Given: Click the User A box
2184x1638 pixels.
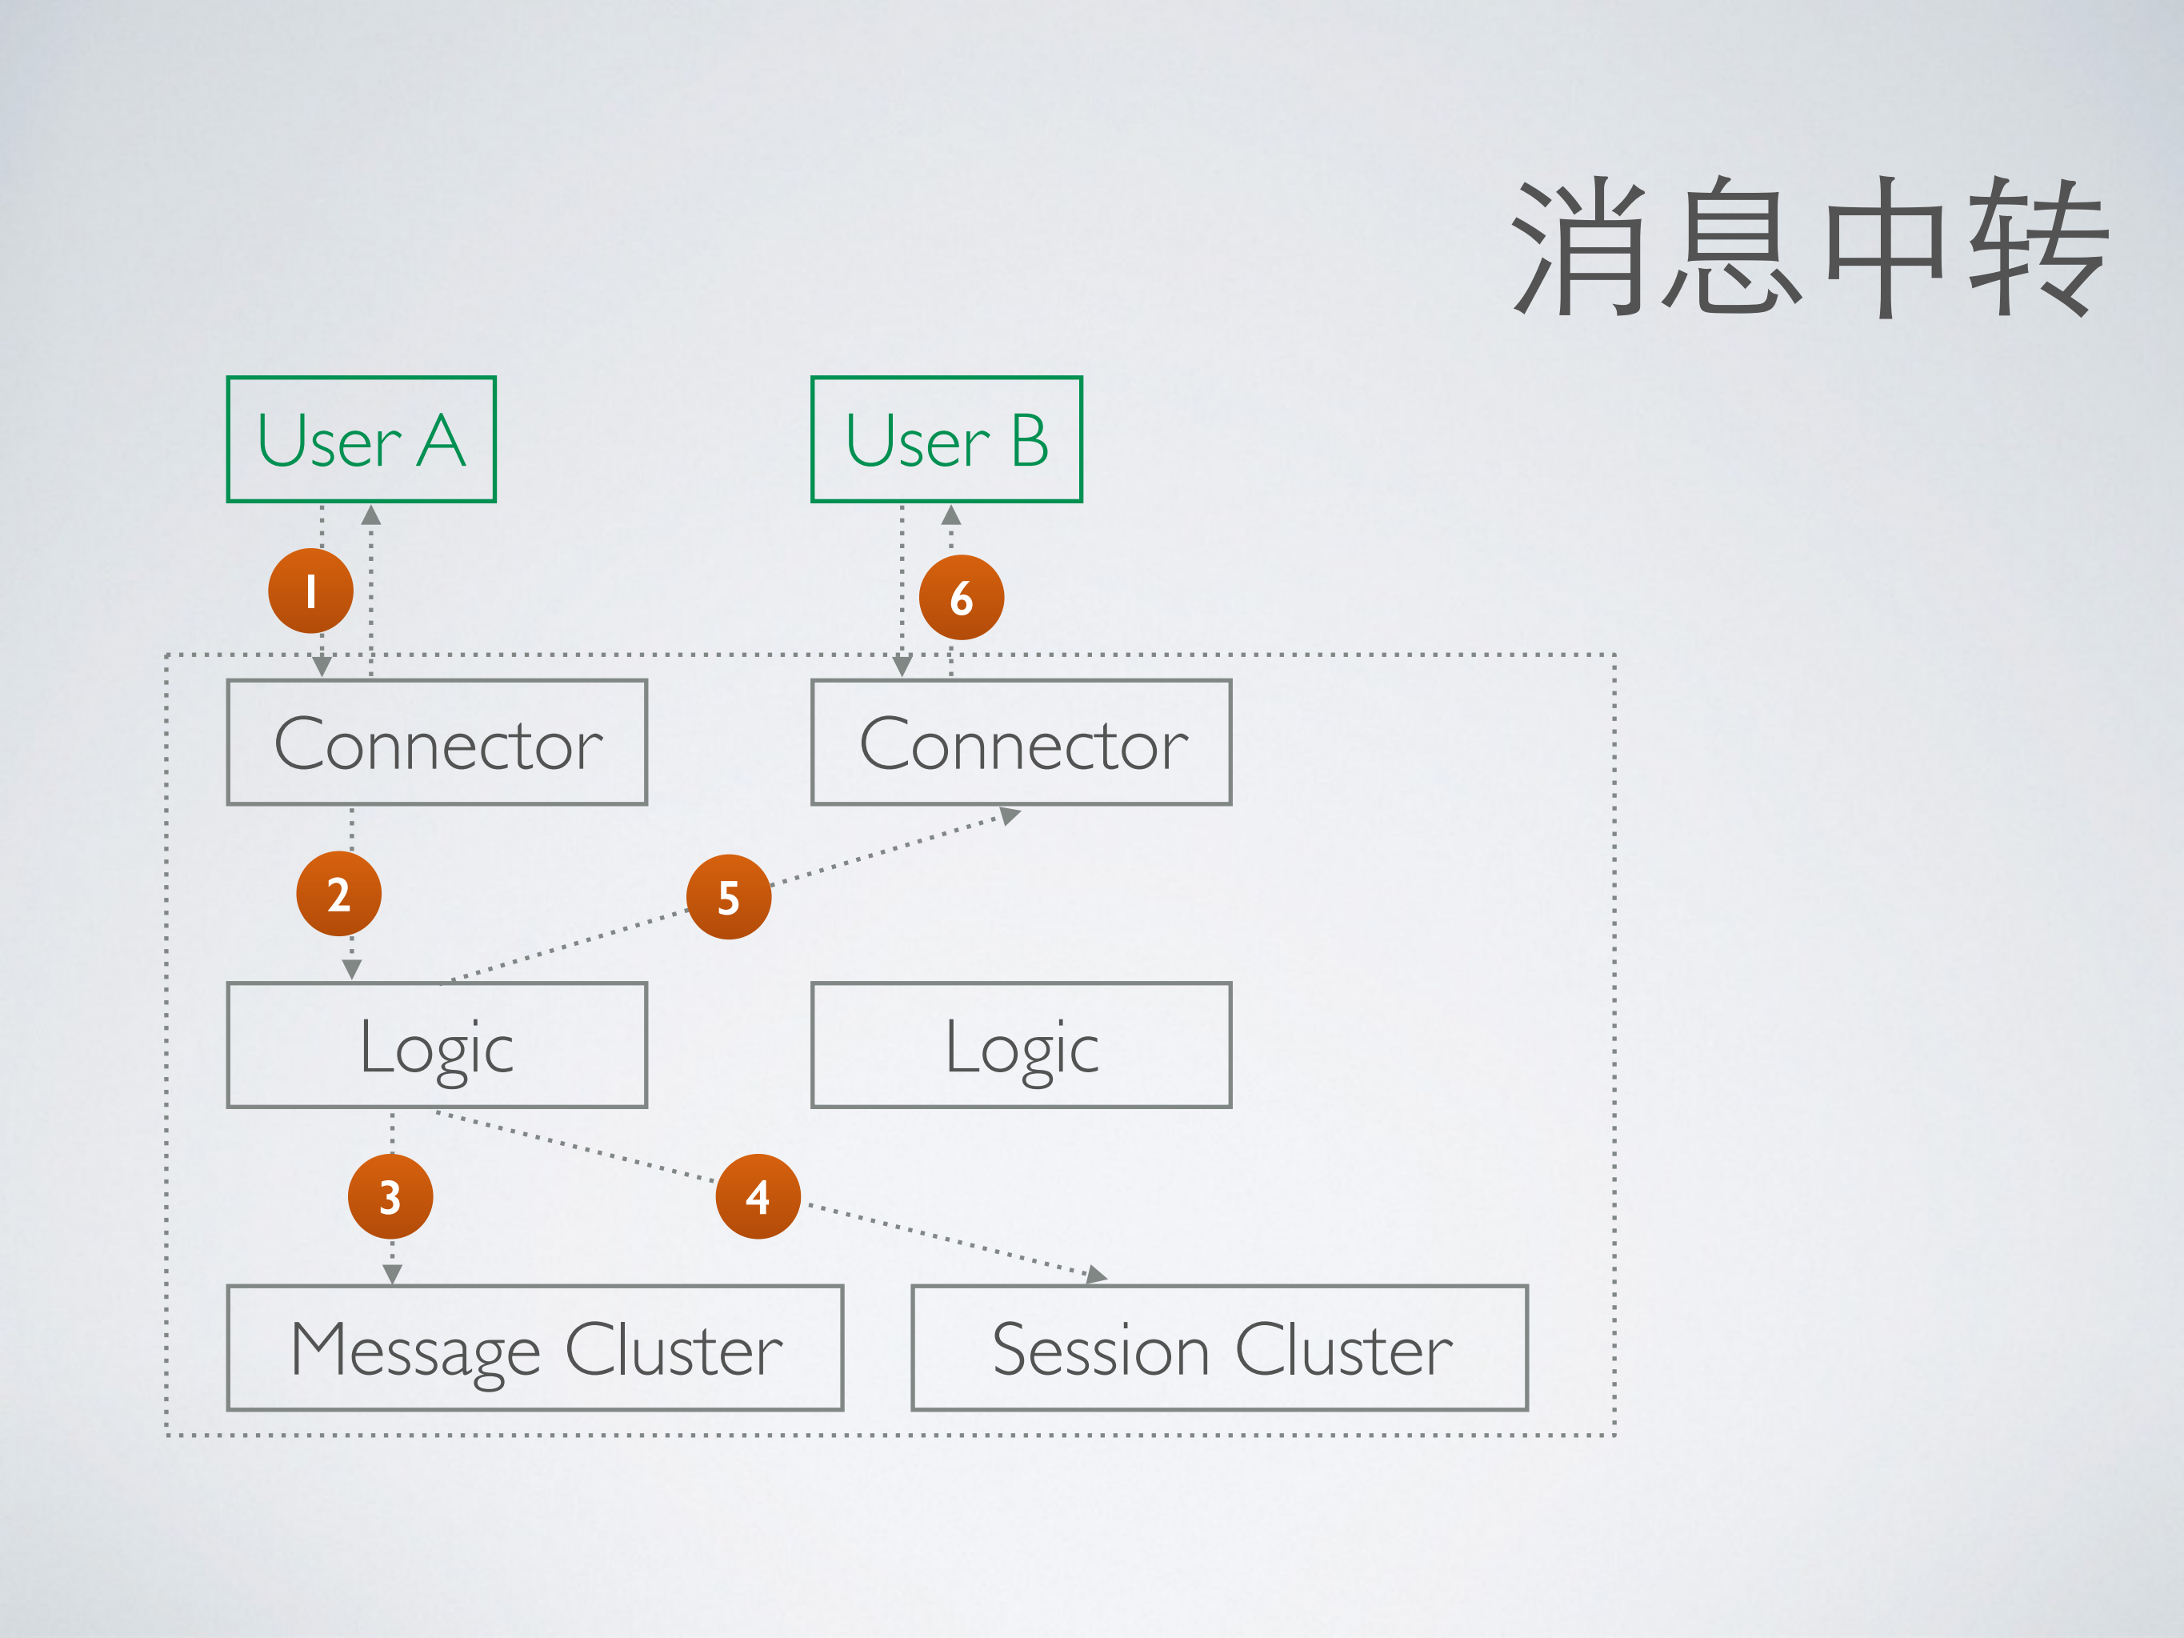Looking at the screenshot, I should [x=362, y=439].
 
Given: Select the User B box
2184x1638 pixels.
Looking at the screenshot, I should [x=946, y=439].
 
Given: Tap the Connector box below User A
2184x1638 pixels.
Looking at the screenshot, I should [x=437, y=743].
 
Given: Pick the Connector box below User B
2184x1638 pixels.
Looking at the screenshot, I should [x=1021, y=743].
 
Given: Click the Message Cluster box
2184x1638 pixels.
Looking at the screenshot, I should [x=534, y=1348].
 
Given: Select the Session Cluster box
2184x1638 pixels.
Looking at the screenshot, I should [x=1219, y=1348].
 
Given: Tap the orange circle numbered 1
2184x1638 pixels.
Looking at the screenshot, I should [x=311, y=591].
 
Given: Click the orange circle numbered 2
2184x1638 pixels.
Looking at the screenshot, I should [x=338, y=895].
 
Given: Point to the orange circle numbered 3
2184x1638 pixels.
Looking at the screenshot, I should [x=390, y=1196].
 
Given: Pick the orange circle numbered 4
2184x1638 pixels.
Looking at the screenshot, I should [x=758, y=1196].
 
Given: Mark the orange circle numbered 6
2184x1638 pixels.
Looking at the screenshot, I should [x=961, y=597].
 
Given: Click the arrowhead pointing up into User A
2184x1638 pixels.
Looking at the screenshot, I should [x=371, y=515].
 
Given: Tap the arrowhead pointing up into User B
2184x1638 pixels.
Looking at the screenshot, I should [x=951, y=515].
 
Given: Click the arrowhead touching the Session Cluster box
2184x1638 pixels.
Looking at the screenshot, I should [x=1096, y=1275].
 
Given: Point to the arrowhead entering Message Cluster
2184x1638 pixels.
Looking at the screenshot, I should [x=392, y=1275].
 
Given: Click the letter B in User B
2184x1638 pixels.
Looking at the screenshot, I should [x=1029, y=442].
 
